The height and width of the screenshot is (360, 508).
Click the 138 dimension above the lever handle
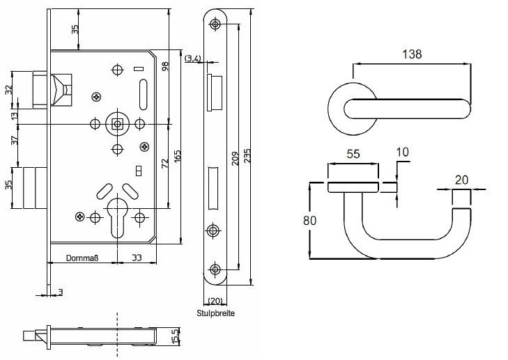[x=412, y=53]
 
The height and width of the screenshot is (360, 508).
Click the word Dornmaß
[x=82, y=258]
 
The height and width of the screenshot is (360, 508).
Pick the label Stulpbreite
[x=215, y=313]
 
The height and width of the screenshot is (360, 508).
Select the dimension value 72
[x=165, y=163]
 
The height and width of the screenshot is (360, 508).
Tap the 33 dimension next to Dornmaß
[x=137, y=258]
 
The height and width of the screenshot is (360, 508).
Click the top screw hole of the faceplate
[x=215, y=24]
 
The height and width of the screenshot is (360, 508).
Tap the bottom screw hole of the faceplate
[x=215, y=269]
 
